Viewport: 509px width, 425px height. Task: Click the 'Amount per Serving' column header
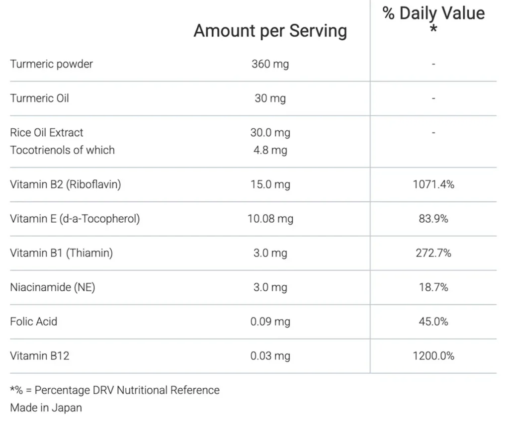(x=270, y=31)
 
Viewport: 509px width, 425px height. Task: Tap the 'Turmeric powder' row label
(x=51, y=64)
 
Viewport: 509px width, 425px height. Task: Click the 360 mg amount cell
(x=270, y=64)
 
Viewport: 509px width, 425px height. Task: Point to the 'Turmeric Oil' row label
(x=39, y=98)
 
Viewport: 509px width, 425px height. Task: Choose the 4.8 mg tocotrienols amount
(x=270, y=150)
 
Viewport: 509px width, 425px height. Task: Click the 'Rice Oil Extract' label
(x=47, y=133)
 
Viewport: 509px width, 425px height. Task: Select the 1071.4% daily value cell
(x=433, y=184)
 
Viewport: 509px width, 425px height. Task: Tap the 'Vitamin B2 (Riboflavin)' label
(x=65, y=184)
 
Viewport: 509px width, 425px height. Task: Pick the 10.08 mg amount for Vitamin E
(x=270, y=219)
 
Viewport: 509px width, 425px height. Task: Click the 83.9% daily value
(x=433, y=219)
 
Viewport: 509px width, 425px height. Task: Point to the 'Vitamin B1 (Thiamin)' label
(x=61, y=253)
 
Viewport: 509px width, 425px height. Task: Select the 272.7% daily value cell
(x=433, y=253)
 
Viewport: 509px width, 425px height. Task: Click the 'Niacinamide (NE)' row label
(x=52, y=287)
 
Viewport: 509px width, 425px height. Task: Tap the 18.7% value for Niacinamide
(x=433, y=287)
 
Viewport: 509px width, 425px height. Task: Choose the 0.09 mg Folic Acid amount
(x=270, y=322)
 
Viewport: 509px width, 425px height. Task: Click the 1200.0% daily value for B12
(x=433, y=356)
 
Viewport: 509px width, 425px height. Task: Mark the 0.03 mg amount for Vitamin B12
(x=270, y=356)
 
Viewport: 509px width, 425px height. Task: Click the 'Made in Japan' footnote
(x=46, y=408)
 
